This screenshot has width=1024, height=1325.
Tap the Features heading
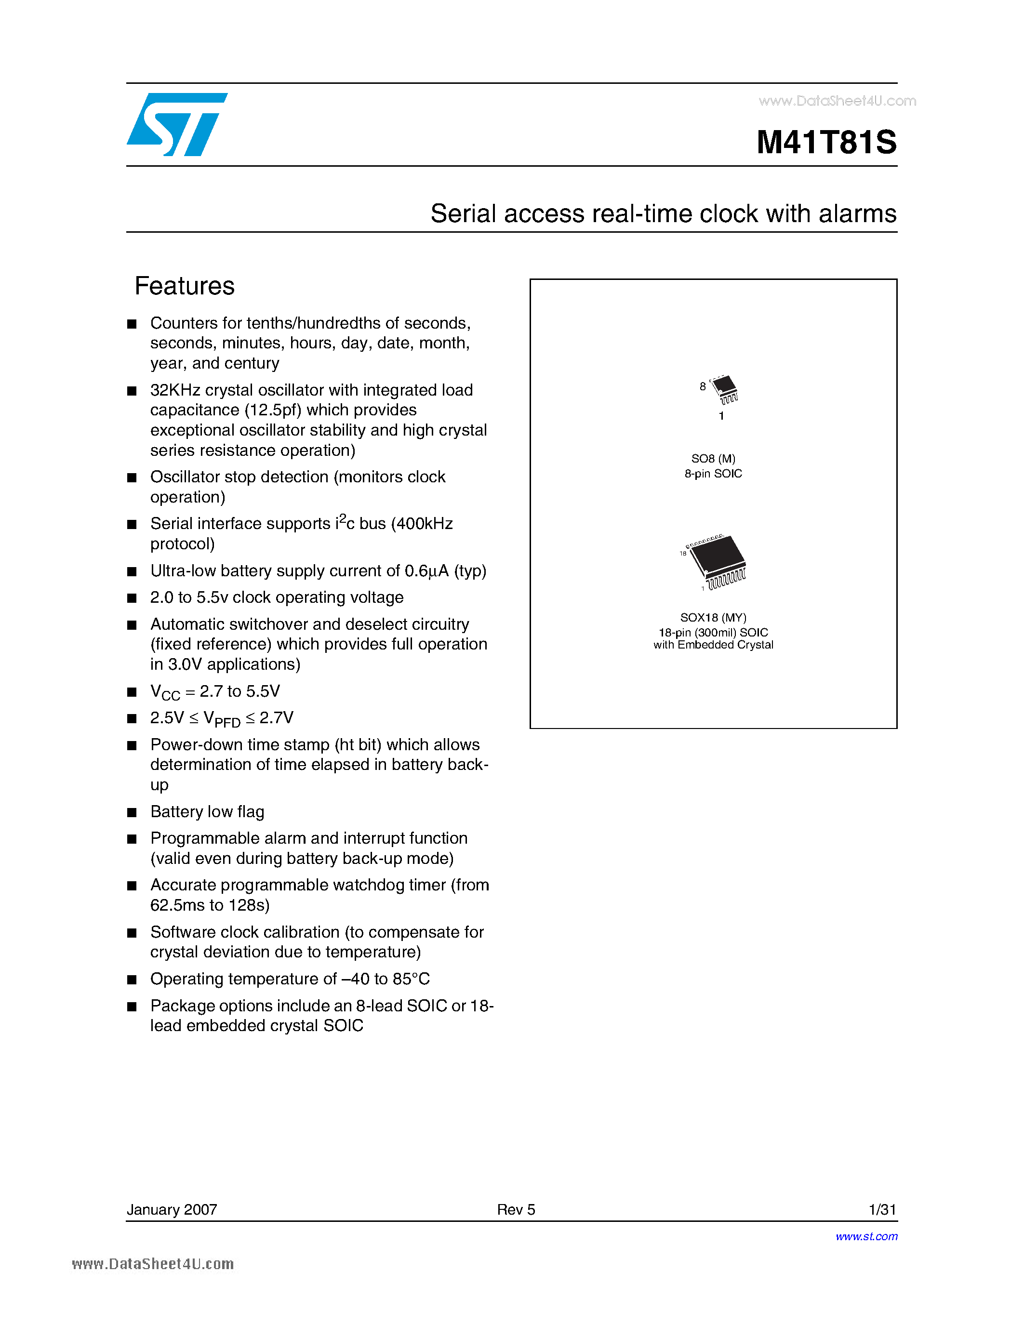point(185,286)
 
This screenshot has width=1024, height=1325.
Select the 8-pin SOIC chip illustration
point(724,389)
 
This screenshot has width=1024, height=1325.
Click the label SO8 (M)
point(713,459)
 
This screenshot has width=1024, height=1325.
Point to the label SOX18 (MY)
point(713,618)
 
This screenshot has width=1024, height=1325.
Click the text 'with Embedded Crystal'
point(713,645)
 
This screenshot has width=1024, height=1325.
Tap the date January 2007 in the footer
point(172,1209)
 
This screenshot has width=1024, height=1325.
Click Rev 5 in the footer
point(516,1209)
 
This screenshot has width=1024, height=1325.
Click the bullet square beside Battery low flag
point(132,813)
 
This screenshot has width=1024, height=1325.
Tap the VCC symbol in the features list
point(164,692)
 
